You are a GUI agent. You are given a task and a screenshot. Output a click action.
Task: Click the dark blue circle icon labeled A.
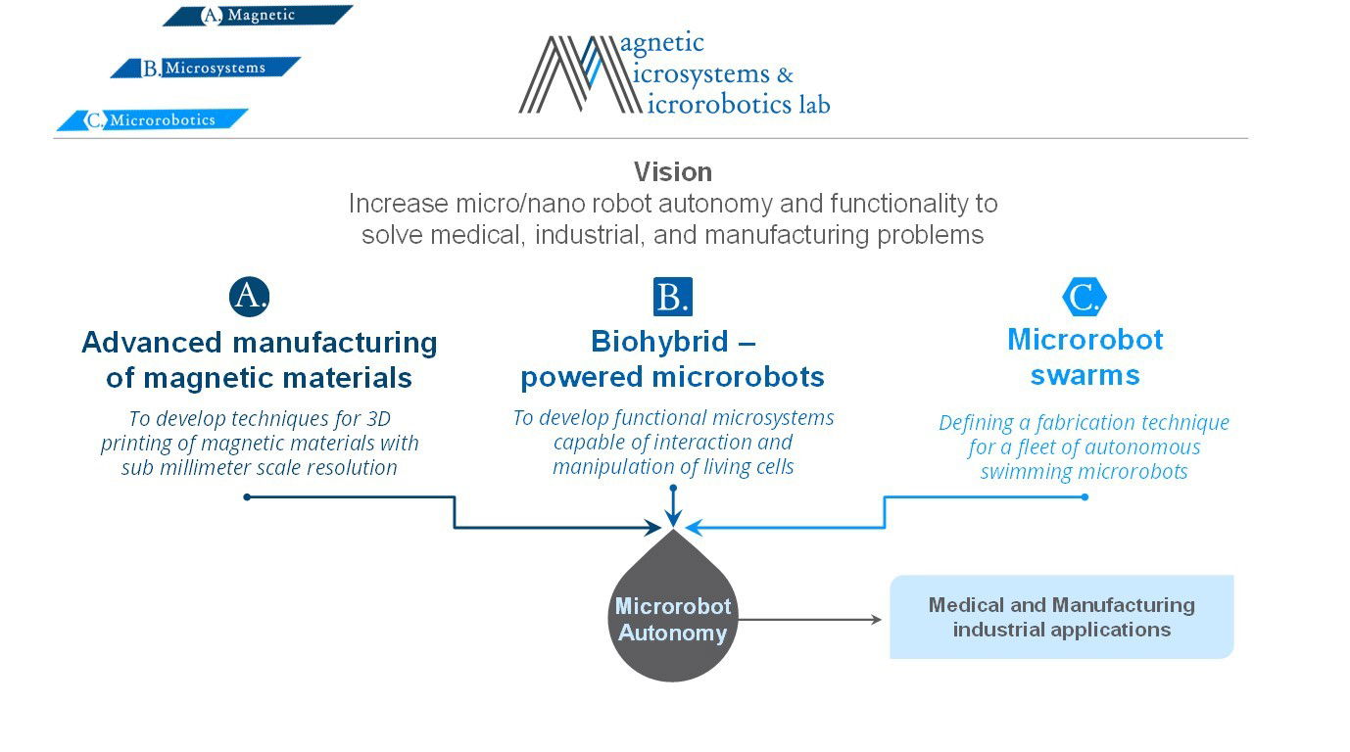pos(249,297)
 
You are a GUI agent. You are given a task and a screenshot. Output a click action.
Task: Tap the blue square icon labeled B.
pos(673,297)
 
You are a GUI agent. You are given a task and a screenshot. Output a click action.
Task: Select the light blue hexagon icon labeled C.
pos(1085,297)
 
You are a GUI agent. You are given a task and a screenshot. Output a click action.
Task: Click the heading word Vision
pos(673,171)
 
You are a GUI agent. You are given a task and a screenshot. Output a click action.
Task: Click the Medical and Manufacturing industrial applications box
pos(1061,617)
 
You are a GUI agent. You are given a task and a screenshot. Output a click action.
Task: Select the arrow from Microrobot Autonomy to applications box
pos(810,620)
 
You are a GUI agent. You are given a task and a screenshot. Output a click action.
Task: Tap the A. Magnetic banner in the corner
pos(258,15)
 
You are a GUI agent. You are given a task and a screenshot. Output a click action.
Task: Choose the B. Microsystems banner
pos(205,68)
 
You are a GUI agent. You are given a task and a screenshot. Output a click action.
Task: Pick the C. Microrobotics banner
pos(152,119)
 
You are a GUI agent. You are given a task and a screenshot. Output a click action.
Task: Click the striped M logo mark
pos(579,74)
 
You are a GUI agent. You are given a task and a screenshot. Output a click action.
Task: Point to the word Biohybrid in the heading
pos(659,341)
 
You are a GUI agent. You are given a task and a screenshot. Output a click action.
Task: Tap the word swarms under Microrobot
pos(1085,375)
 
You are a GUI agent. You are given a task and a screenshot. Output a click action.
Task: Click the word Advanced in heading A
pos(152,343)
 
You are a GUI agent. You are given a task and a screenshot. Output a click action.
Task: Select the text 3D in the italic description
pos(379,418)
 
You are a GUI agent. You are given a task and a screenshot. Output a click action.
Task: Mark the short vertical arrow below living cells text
pos(673,507)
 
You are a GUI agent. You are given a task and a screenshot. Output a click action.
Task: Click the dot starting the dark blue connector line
pos(247,497)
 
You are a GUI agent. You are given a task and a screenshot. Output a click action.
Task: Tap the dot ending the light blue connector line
pos(1085,497)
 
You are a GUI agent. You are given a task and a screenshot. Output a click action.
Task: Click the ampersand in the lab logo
pos(785,74)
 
